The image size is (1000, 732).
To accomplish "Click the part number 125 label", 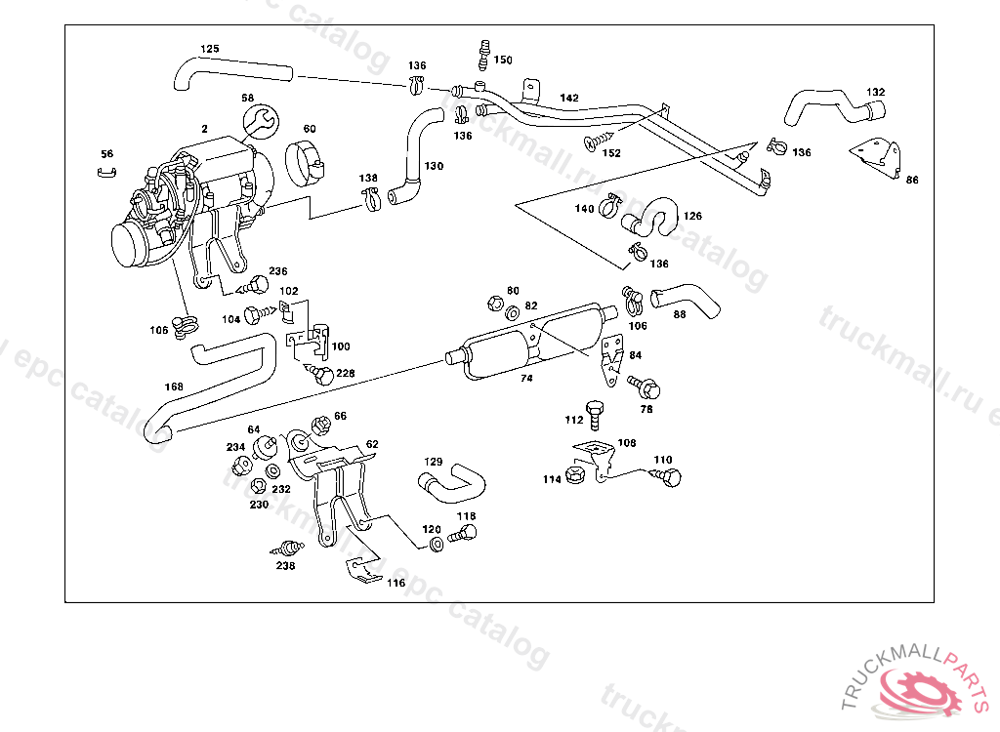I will pos(210,49).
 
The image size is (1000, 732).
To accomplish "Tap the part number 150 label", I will pos(502,61).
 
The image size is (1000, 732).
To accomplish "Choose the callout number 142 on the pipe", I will pos(569,99).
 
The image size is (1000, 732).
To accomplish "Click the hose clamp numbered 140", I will pos(611,205).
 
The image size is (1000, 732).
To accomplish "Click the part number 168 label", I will pos(174,386).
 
